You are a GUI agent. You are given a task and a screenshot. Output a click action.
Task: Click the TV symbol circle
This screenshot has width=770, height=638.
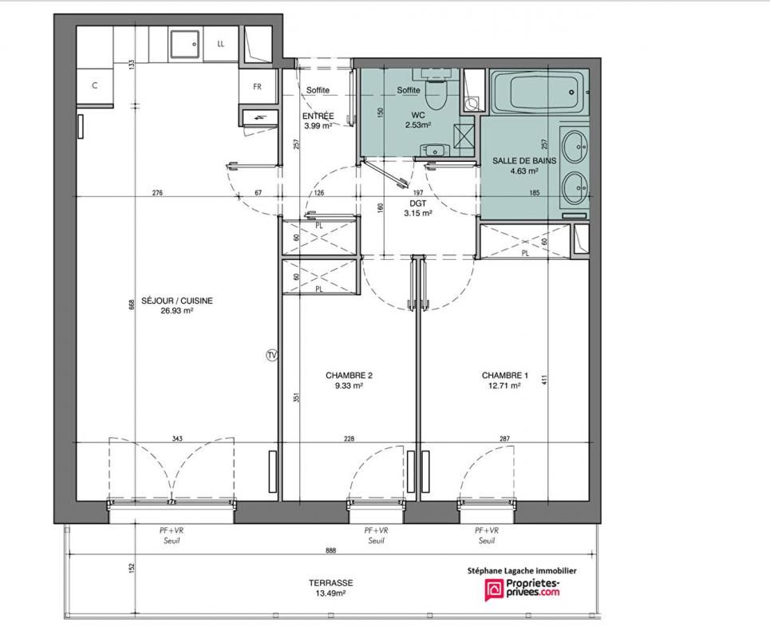click(x=271, y=354)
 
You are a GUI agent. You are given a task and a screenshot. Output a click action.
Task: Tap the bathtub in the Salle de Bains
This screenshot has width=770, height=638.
click(x=539, y=92)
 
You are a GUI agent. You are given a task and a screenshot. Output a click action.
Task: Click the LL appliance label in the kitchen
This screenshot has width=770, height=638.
click(x=220, y=44)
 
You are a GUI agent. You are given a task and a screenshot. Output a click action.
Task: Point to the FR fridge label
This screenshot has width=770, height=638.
click(x=257, y=87)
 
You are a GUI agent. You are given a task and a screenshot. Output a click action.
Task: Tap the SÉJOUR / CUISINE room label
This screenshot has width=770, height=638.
click(x=177, y=301)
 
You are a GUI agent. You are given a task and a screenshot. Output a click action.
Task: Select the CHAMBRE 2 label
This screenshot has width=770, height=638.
click(x=349, y=376)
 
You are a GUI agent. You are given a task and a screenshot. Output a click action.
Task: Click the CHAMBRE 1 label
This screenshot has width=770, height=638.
click(x=505, y=376)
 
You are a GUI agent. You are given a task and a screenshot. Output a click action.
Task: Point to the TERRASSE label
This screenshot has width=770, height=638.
click(x=331, y=583)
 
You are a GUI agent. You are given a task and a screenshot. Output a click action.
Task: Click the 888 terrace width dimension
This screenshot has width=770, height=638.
click(x=330, y=550)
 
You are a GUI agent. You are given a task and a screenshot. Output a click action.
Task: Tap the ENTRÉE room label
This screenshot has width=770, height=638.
click(x=318, y=116)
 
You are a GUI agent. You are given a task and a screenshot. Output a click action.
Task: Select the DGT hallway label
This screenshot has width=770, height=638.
click(x=418, y=203)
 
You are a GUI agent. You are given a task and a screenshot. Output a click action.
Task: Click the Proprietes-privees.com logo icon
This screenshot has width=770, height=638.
click(x=494, y=589)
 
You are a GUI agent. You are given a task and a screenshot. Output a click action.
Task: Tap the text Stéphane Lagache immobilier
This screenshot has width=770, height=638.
click(x=521, y=570)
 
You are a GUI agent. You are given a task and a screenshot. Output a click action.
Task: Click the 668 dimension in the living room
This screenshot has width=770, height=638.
click(x=131, y=305)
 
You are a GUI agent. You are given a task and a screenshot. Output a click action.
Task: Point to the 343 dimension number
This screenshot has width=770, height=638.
click(x=177, y=439)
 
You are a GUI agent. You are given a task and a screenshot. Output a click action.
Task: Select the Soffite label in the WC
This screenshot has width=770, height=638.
click(x=409, y=90)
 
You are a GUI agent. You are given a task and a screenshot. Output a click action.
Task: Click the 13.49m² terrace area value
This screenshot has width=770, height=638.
click(x=330, y=593)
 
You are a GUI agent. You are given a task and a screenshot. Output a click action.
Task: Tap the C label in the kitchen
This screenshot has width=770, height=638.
click(x=95, y=85)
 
